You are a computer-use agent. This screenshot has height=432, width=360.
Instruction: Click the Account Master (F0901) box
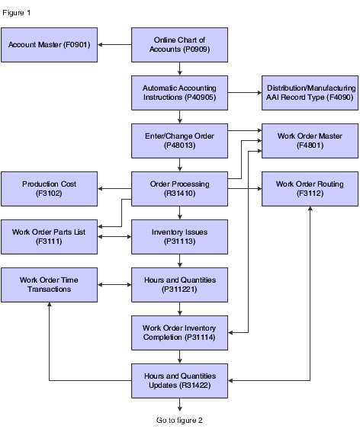[49, 45]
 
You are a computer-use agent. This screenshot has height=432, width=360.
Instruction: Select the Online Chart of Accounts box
[179, 45]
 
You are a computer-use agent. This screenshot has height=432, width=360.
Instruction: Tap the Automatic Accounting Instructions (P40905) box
[179, 93]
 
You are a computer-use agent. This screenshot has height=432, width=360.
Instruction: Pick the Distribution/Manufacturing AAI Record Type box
[310, 93]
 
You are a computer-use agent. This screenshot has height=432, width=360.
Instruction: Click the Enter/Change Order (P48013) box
[179, 141]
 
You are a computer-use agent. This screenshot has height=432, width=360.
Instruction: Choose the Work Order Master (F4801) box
[310, 141]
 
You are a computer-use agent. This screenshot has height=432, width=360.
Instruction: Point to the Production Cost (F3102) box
[49, 189]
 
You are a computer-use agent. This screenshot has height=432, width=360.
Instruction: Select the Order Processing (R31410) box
[179, 189]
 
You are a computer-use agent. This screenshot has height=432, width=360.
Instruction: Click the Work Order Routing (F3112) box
[310, 189]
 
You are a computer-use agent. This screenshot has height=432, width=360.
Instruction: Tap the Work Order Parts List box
[49, 237]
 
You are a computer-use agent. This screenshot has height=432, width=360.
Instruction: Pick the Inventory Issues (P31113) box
[179, 237]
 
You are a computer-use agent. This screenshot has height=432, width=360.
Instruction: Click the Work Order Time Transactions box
[49, 285]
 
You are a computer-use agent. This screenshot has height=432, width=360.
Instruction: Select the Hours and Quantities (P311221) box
[179, 285]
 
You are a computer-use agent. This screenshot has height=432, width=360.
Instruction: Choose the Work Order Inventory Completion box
[179, 333]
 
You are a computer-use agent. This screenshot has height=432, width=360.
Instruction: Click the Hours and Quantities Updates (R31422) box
[179, 381]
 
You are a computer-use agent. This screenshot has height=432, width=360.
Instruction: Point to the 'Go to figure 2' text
[179, 420]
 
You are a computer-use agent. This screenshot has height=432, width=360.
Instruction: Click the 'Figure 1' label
[16, 13]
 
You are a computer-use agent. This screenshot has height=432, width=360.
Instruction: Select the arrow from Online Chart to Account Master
[114, 45]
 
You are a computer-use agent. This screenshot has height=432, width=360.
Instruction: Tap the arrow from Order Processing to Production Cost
[114, 189]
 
